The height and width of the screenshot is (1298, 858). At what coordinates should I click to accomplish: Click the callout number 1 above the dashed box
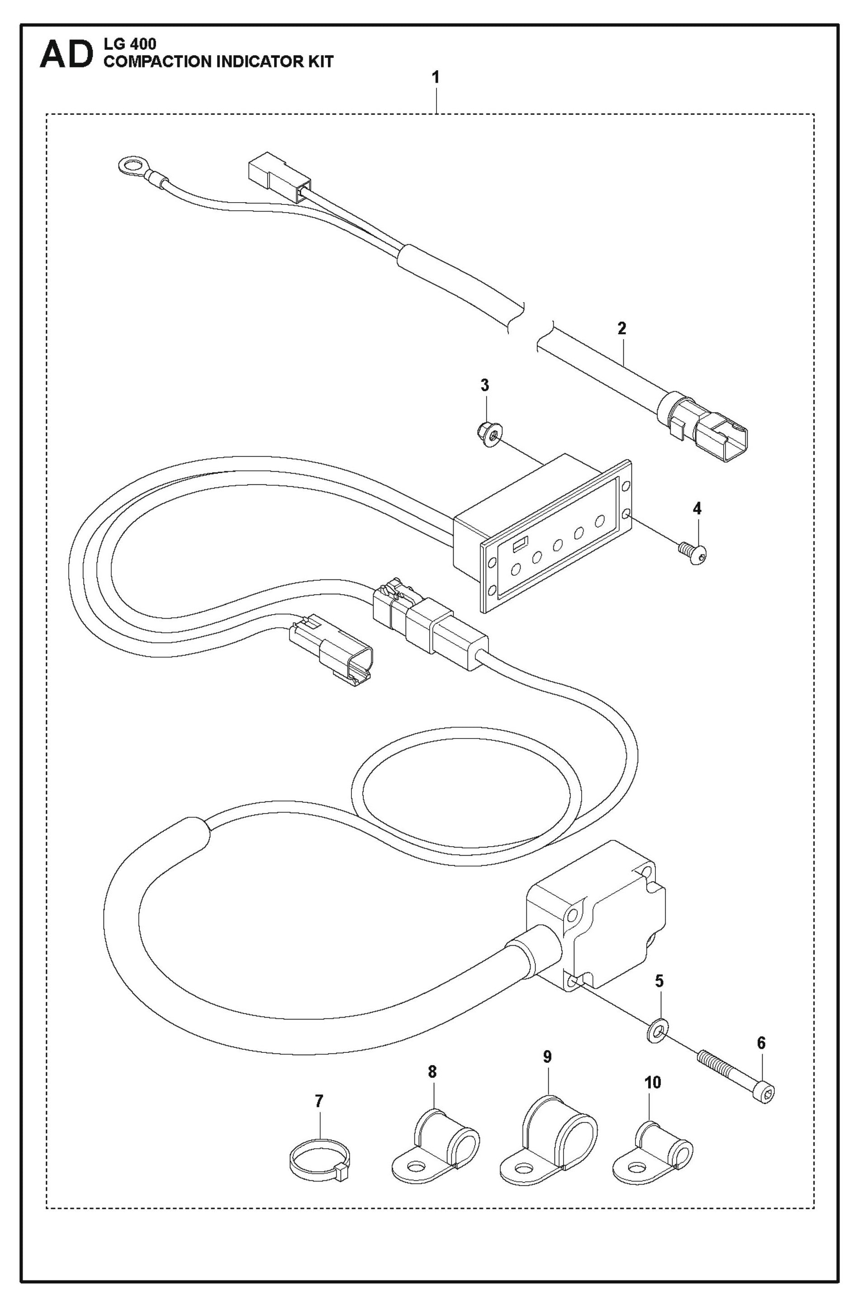[436, 78]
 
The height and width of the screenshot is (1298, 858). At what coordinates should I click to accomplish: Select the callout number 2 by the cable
[621, 329]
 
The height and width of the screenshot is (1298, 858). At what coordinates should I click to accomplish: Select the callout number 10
[653, 1082]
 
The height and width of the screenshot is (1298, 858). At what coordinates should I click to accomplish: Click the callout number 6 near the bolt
[761, 1042]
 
